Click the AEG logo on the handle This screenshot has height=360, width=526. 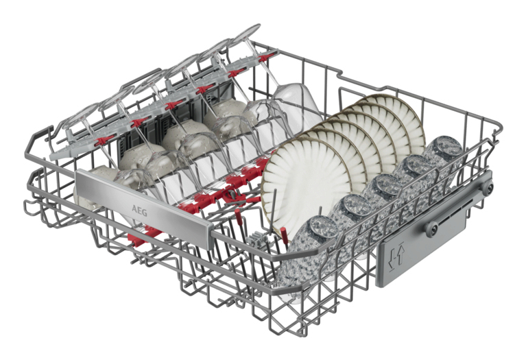pyautogui.click(x=139, y=211)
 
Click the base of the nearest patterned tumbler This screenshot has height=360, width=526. pyautogui.click(x=323, y=228)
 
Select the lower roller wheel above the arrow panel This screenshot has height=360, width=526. pyautogui.click(x=432, y=229)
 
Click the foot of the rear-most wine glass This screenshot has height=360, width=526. pyautogui.click(x=248, y=34)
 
